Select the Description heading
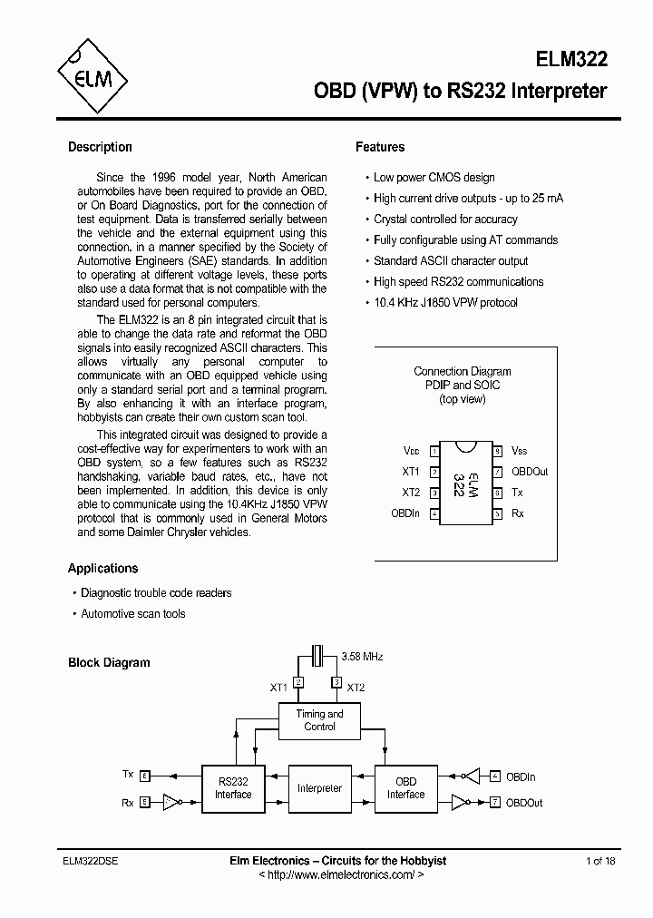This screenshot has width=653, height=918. click(100, 147)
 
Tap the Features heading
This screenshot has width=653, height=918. click(380, 147)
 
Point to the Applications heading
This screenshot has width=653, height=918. click(102, 569)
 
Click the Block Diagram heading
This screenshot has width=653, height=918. click(109, 663)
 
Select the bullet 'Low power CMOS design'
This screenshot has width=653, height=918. click(434, 178)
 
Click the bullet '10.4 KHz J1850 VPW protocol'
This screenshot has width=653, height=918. click(444, 303)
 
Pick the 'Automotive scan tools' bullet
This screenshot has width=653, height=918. click(132, 614)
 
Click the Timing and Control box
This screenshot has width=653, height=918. click(319, 721)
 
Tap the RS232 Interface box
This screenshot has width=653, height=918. click(233, 788)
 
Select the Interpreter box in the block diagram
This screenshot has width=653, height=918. click(319, 788)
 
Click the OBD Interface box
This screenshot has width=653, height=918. click(405, 788)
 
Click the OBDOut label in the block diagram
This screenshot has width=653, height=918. click(524, 803)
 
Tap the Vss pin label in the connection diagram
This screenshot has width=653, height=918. click(519, 451)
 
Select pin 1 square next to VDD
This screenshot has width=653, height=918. click(435, 451)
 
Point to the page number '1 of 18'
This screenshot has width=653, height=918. click(600, 861)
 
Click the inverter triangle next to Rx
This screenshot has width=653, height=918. click(171, 802)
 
